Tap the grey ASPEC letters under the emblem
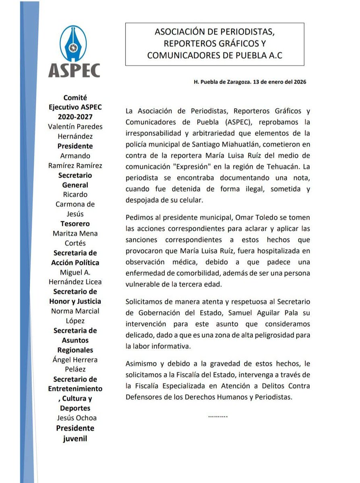(74, 70)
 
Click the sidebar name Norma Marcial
(75, 311)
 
